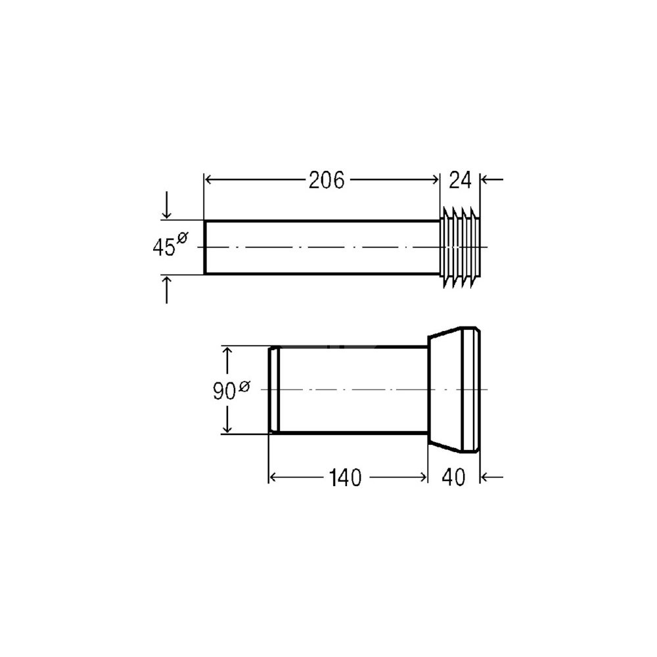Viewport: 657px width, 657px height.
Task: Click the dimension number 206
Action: tap(327, 180)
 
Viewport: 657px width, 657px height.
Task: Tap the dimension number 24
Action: tap(460, 180)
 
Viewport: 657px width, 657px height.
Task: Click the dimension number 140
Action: tap(345, 478)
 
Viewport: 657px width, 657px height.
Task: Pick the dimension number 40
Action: tap(453, 477)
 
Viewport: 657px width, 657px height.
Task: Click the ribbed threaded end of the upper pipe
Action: tap(460, 247)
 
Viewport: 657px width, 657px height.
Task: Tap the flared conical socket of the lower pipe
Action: tap(454, 390)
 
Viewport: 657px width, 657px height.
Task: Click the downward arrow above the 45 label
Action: tap(167, 205)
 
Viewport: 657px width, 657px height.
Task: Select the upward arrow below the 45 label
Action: tap(167, 290)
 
